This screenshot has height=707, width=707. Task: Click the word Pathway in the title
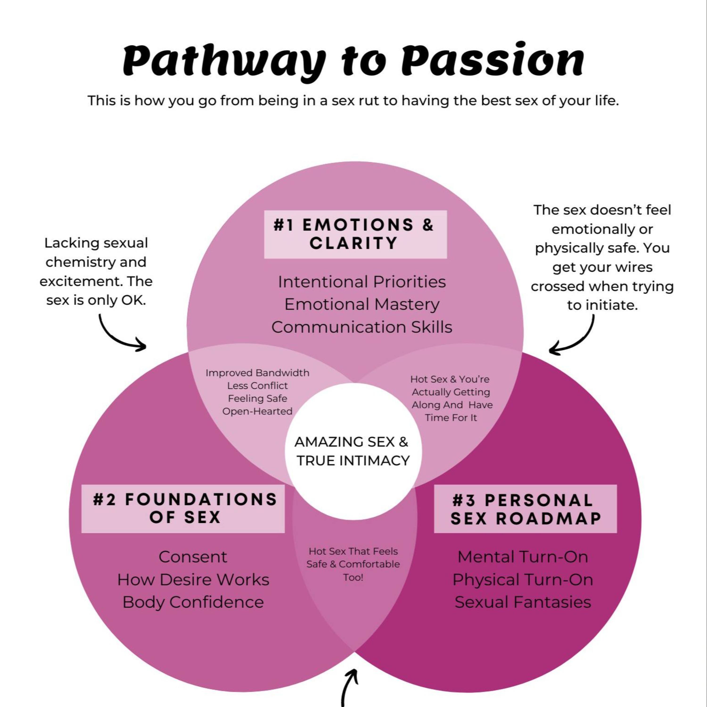pos(223,60)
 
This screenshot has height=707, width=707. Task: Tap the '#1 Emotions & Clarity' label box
pos(355,234)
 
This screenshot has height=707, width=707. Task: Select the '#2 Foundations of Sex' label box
pos(183,509)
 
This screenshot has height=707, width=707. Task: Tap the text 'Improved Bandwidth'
pos(257,373)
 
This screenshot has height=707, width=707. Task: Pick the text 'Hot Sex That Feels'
pos(353,551)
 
